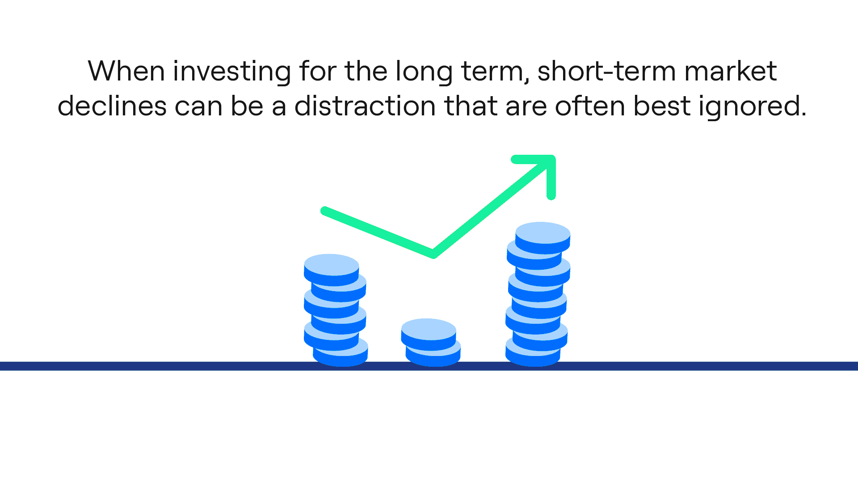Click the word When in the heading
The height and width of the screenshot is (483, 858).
pos(126,72)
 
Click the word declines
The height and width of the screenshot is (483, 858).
pos(112,106)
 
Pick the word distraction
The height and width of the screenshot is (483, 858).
pos(365,106)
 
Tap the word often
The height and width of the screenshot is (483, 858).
pos(590,106)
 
